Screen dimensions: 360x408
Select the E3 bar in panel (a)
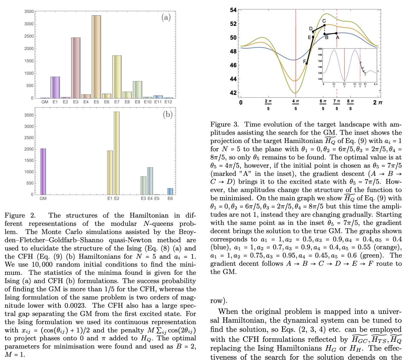coord(76,68)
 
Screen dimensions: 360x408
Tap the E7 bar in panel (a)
coord(117,77)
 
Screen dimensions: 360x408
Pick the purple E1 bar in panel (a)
coord(55,88)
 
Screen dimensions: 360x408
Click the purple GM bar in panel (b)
coord(43,171)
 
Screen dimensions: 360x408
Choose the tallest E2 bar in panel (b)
coord(117,153)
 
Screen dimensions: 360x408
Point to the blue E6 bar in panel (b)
coord(170,191)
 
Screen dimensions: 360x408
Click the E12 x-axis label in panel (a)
coord(168,102)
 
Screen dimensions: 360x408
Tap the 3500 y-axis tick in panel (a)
coord(29,11)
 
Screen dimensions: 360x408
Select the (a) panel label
coord(166,17)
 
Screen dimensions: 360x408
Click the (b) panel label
coord(168,114)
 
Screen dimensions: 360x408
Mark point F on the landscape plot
coord(306,63)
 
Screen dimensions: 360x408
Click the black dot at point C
coord(325,26)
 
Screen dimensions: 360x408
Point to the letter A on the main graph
coord(338,38)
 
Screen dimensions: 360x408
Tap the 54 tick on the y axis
coord(233,10)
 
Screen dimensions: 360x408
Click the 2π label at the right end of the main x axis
coord(378,102)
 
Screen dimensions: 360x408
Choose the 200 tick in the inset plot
coord(320,49)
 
